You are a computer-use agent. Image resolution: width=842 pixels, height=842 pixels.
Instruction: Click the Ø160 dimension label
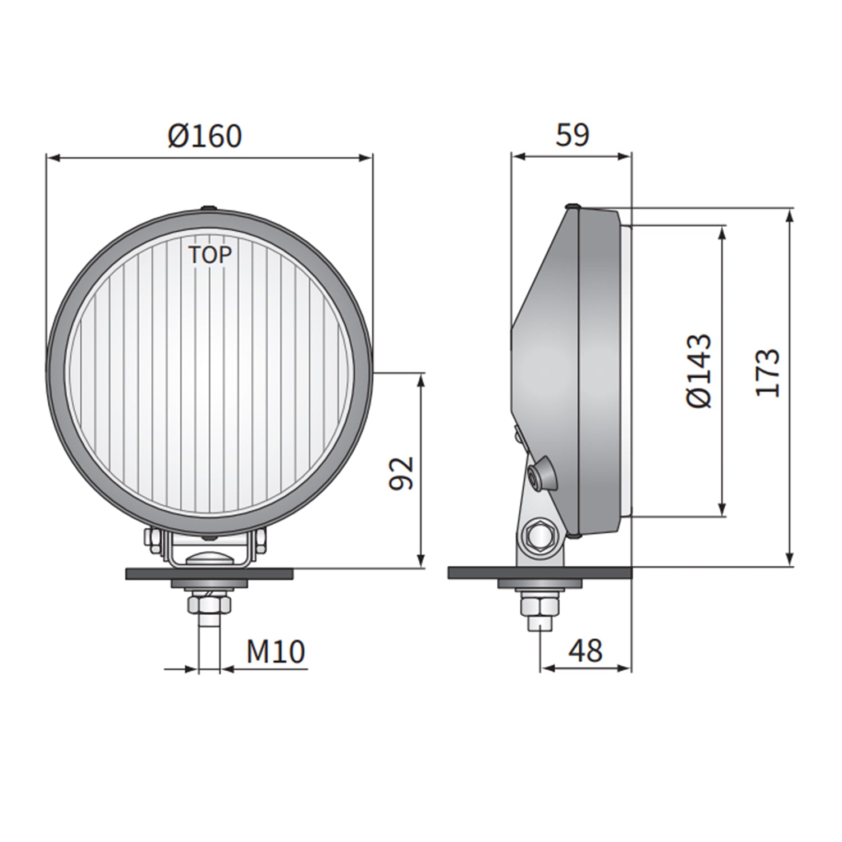[x=205, y=136]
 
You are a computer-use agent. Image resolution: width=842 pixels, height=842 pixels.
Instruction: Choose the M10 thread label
[x=276, y=652]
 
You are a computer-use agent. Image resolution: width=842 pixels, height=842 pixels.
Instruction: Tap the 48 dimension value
[x=585, y=651]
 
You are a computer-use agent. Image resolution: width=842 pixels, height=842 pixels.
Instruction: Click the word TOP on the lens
[x=209, y=255]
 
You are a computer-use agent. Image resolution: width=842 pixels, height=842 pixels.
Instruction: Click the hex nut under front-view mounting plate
[x=208, y=604]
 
